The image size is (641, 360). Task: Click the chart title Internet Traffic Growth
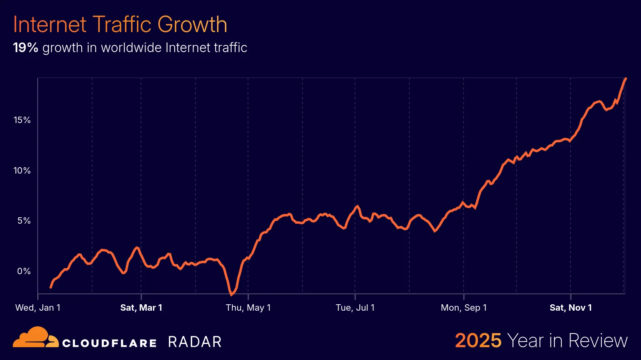[x=120, y=24]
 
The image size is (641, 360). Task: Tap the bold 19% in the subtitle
[x=25, y=48]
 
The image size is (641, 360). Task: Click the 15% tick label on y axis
[x=22, y=120]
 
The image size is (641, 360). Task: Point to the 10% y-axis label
[x=22, y=170]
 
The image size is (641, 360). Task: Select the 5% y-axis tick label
[x=24, y=220]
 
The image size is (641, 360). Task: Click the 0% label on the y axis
[x=24, y=271]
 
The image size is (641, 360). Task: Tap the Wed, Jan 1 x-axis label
[x=38, y=307]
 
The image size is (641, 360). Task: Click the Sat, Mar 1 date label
[x=141, y=307]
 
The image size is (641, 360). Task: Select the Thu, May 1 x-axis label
[x=248, y=307]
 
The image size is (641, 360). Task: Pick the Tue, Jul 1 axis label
[x=355, y=307]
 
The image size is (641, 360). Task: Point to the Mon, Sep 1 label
[x=464, y=307]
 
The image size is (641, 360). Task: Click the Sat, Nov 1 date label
[x=570, y=307]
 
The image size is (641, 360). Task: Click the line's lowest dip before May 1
[x=231, y=295]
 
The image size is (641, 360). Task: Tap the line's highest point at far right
[x=626, y=79]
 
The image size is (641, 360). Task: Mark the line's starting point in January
[x=50, y=287]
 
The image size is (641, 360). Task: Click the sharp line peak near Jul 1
[x=357, y=206]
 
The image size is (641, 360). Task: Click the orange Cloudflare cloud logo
[x=35, y=338]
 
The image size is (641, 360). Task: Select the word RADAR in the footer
[x=195, y=342]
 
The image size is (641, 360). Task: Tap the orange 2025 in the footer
[x=478, y=341]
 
